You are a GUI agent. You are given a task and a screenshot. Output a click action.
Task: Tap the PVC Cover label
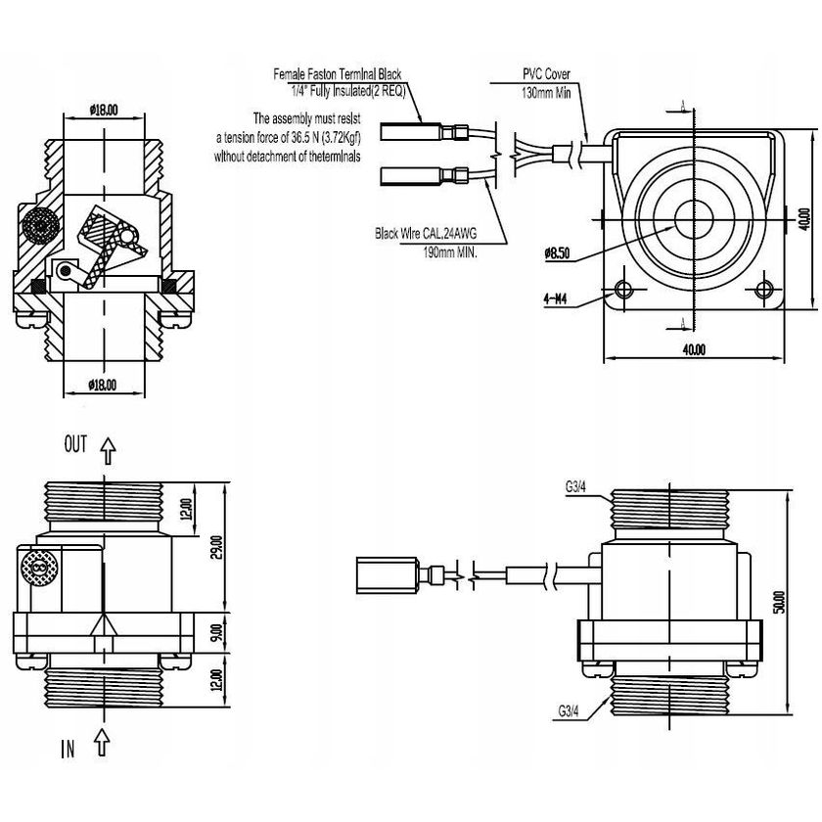point(546,74)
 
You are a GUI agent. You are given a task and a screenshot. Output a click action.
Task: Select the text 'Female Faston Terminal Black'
point(338,74)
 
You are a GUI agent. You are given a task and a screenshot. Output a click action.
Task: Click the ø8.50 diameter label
point(557,254)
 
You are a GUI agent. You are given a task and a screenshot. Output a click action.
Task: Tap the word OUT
point(76,445)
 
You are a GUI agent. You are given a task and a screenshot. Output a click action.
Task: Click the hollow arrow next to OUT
point(107,449)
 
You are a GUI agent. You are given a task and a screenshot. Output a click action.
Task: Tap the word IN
point(68,751)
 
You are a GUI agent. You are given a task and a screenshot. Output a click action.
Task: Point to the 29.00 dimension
point(216,548)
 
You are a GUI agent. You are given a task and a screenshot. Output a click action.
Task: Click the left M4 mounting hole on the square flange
point(623,290)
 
